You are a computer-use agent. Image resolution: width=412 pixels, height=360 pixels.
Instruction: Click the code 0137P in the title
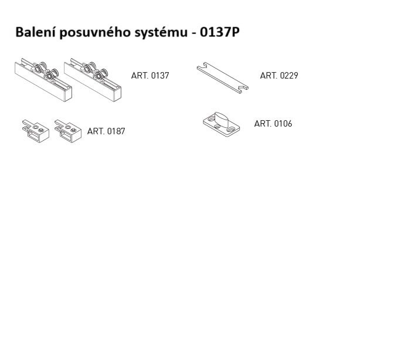(219, 32)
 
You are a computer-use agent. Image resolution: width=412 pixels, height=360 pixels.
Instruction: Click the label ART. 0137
(150, 76)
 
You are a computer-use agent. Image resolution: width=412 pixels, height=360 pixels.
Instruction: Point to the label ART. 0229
(279, 76)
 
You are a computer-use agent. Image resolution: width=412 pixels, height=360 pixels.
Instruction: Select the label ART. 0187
(106, 131)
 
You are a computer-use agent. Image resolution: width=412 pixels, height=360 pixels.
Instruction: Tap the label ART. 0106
(273, 124)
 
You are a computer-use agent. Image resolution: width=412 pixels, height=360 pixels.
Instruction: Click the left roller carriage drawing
(43, 80)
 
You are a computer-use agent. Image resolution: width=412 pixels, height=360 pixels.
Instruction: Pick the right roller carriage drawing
(93, 80)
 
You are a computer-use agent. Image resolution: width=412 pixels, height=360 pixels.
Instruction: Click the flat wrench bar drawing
(223, 77)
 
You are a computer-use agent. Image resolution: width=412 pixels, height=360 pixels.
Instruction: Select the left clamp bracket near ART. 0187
(36, 131)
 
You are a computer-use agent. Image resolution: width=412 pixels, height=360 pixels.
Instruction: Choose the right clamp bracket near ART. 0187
(69, 131)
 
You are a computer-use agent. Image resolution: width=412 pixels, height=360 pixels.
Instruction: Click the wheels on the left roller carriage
(45, 71)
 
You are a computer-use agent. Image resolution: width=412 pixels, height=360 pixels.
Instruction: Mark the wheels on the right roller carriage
(94, 71)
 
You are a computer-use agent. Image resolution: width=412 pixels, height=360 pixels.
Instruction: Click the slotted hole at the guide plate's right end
(231, 130)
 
